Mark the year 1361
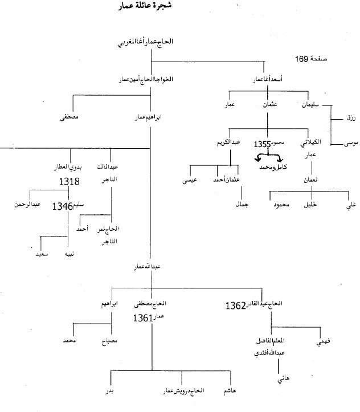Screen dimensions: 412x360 tap(144, 319)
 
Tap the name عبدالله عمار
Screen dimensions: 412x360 tap(150, 267)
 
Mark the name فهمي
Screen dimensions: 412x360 tap(328, 342)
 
